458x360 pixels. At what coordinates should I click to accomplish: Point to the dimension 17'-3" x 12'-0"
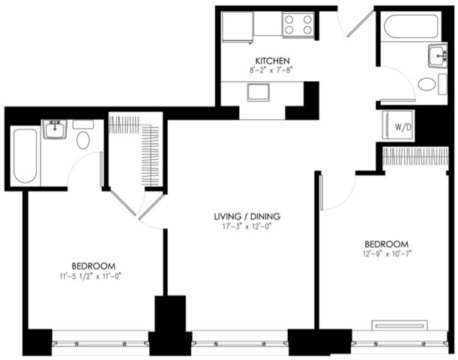pyautogui.click(x=241, y=226)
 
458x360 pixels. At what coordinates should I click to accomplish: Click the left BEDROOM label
pyautogui.click(x=93, y=265)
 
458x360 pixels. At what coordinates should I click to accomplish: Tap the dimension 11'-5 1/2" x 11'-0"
pyautogui.click(x=93, y=276)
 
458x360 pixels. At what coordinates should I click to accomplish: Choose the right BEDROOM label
pyautogui.click(x=386, y=244)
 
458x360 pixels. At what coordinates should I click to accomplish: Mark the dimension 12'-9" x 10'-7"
pyautogui.click(x=386, y=254)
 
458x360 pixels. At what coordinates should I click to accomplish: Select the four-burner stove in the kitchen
pyautogui.click(x=298, y=25)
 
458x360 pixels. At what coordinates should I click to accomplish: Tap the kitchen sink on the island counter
pyautogui.click(x=259, y=92)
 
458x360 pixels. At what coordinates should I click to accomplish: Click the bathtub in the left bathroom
pyautogui.click(x=25, y=155)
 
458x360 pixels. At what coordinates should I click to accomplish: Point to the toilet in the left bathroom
pyautogui.click(x=83, y=139)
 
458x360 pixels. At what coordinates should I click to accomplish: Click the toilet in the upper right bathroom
pyautogui.click(x=428, y=84)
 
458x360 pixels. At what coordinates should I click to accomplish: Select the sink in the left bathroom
pyautogui.click(x=54, y=130)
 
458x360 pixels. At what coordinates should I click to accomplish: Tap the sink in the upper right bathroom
pyautogui.click(x=438, y=55)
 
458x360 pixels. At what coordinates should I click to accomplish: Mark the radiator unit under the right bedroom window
pyautogui.click(x=400, y=325)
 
